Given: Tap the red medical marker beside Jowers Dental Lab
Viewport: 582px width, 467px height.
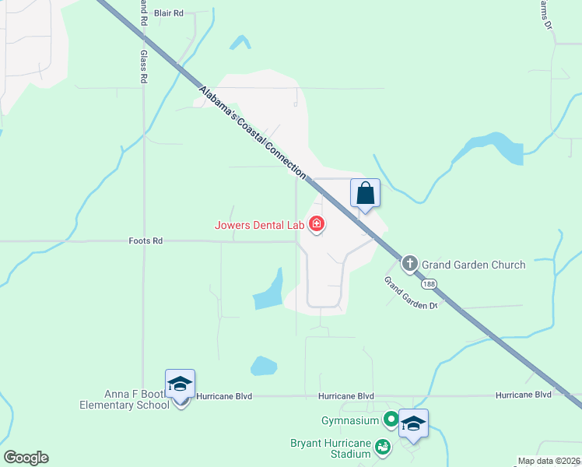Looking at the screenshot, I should point(317,225).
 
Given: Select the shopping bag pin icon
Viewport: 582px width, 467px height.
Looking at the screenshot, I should point(365,194).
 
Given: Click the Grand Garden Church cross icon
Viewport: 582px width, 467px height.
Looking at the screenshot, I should point(410,264).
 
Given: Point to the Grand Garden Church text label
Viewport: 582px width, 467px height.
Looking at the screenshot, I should point(473,265).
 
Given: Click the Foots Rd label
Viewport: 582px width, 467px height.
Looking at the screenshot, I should point(145,241).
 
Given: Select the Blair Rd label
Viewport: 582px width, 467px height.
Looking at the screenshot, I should point(168,13).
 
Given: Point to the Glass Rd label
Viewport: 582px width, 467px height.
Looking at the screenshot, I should point(144,68).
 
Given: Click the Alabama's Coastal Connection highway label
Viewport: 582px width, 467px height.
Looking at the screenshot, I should point(252,132).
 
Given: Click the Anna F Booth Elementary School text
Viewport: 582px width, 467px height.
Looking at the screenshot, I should point(124,399).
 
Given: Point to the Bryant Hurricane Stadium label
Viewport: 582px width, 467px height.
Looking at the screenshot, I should point(332,449).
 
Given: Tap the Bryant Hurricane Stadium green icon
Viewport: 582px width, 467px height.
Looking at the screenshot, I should point(382,447).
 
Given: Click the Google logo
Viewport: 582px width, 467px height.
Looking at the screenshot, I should point(26,458).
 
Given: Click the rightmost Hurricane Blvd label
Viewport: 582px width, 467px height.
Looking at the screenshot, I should point(524,395).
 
